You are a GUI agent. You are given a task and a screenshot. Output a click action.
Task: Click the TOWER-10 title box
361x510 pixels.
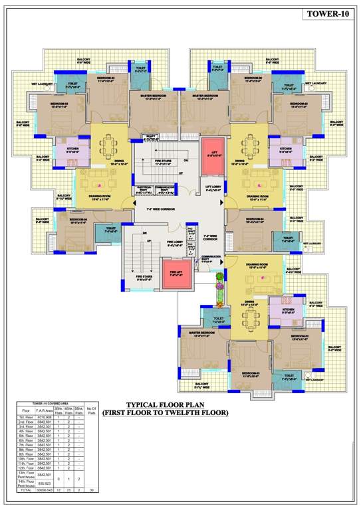click(x=324, y=14)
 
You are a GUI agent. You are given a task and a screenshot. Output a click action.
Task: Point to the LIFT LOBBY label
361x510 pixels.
click(x=213, y=188)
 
